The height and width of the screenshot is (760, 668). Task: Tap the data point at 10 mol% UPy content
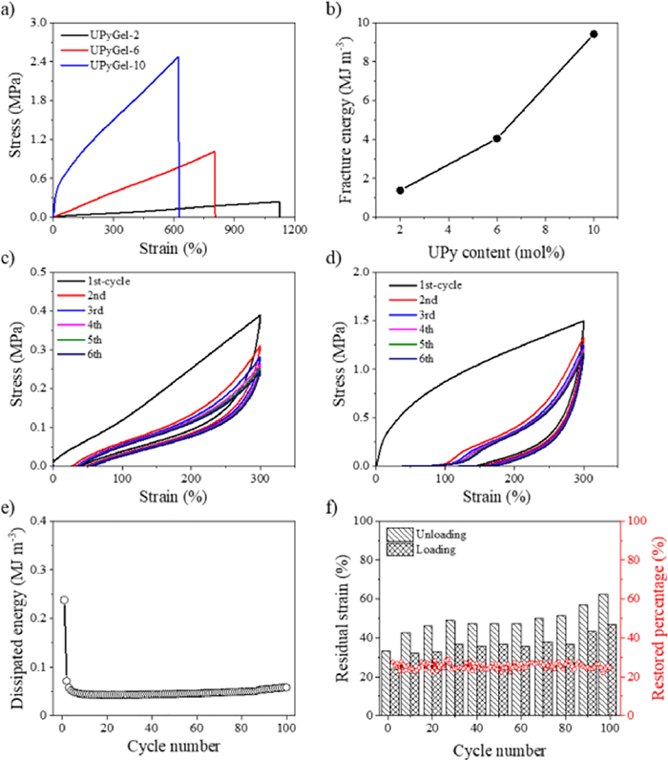click(594, 33)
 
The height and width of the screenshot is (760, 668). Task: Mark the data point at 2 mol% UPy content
click(400, 190)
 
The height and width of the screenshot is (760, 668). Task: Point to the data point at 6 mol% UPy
click(497, 138)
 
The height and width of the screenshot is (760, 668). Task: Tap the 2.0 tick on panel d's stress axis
click(359, 272)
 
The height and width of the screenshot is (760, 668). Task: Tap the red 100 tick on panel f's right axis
click(633, 521)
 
